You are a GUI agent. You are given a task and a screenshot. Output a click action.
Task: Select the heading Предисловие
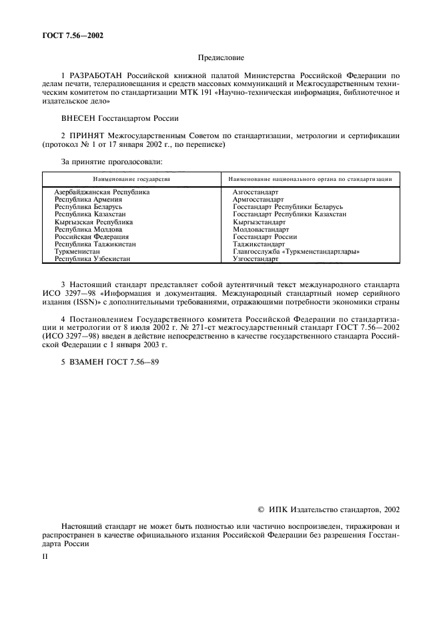pyautogui.click(x=220, y=58)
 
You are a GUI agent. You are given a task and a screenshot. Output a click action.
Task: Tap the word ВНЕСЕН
pyautogui.click(x=79, y=118)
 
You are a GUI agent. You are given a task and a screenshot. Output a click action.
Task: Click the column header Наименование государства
pyautogui.click(x=131, y=180)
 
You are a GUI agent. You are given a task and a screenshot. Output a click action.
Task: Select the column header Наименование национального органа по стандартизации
pyautogui.click(x=310, y=180)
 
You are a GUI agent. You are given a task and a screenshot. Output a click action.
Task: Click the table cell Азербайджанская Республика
pyautogui.click(x=101, y=192)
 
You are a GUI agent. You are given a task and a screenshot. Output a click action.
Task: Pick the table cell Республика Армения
pyautogui.click(x=87, y=199)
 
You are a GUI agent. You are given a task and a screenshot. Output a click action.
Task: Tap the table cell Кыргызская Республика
pyautogui.click(x=93, y=222)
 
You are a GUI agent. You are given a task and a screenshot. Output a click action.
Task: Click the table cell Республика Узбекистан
pyautogui.click(x=91, y=259)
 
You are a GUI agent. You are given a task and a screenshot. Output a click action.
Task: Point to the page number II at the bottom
pyautogui.click(x=44, y=554)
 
